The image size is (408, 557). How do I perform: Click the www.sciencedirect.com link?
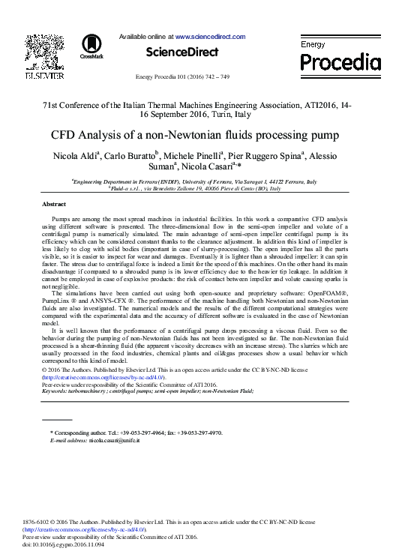click(x=210, y=36)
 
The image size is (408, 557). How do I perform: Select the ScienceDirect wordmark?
click(x=182, y=52)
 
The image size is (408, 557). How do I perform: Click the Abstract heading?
click(x=54, y=205)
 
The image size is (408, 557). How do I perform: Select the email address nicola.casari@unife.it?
click(x=114, y=441)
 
